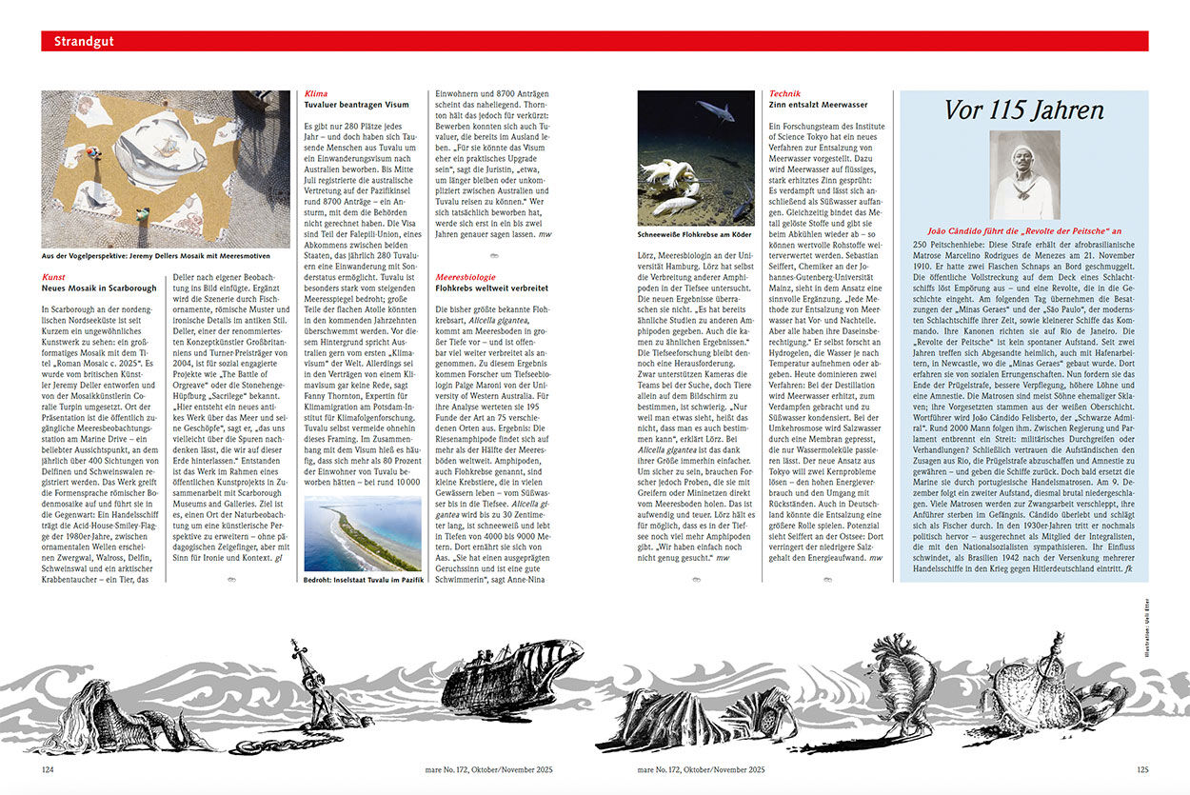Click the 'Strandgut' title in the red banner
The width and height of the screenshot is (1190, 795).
79,42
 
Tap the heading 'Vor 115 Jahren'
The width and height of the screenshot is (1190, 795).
1023,110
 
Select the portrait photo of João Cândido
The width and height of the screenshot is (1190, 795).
1024,175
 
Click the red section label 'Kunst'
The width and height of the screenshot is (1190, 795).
53,276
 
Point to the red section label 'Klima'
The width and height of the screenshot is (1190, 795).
317,94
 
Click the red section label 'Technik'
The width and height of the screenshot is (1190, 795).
785,94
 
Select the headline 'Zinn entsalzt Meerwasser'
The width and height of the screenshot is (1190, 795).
818,105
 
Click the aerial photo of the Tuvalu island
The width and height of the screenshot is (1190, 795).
363,532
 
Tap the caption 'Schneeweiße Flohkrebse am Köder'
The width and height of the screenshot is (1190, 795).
694,232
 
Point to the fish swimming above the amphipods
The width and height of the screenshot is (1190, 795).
715,110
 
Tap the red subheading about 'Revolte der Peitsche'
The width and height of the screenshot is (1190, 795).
1023,230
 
